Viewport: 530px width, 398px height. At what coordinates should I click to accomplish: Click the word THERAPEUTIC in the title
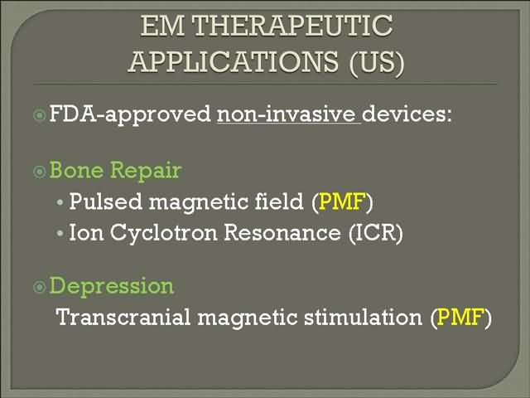tap(292, 26)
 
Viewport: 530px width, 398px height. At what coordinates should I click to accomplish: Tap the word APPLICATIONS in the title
tap(234, 61)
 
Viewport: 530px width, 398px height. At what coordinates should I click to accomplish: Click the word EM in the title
tap(162, 26)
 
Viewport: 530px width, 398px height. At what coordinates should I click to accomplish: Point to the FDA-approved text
tap(130, 114)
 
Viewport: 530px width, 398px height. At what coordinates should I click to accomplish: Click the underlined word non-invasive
tap(289, 114)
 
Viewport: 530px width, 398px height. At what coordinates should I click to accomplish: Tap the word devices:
tap(407, 114)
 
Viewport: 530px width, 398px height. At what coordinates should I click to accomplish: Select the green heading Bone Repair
tap(116, 170)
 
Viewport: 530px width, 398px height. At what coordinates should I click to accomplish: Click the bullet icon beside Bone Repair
tap(40, 172)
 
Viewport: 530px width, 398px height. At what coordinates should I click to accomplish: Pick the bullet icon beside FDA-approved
tap(40, 115)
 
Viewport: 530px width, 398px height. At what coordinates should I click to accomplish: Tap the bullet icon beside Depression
tap(40, 287)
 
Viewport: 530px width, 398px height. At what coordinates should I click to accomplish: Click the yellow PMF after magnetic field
tap(342, 201)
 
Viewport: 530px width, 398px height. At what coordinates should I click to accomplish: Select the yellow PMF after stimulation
tap(460, 317)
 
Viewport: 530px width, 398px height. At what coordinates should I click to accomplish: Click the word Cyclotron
tap(164, 234)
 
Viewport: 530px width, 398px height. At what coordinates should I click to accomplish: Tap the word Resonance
tap(282, 233)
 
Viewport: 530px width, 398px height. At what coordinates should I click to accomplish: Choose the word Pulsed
tap(105, 201)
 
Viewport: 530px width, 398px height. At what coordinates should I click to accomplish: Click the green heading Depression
tap(112, 286)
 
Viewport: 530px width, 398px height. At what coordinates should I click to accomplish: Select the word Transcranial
tap(123, 317)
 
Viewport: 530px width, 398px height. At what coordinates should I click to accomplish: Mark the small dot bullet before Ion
tap(60, 233)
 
